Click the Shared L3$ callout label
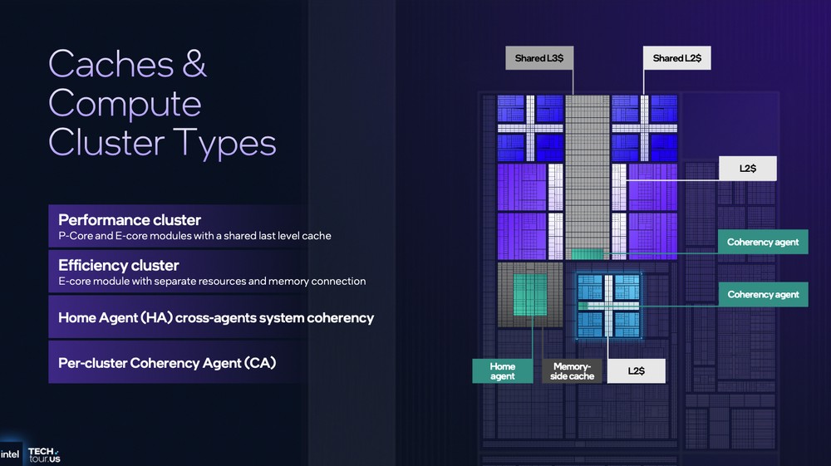(538, 58)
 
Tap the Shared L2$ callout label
(677, 58)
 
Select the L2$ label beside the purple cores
(748, 169)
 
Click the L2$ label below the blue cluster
(636, 371)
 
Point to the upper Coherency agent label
(763, 242)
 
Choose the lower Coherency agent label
(763, 294)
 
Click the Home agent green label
(502, 371)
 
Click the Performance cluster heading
(130, 220)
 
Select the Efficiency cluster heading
(118, 265)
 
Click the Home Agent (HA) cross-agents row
(216, 317)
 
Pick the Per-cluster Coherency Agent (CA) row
(167, 362)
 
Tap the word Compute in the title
(125, 103)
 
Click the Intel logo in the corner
(10, 454)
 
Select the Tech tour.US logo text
(45, 454)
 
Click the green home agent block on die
(529, 295)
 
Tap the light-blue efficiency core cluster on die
(608, 305)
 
